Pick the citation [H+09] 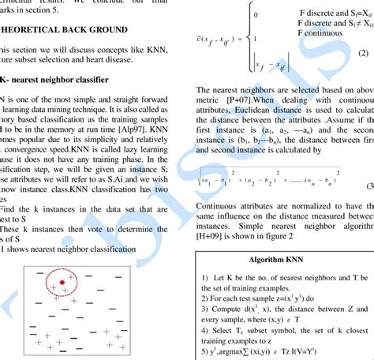212,236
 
